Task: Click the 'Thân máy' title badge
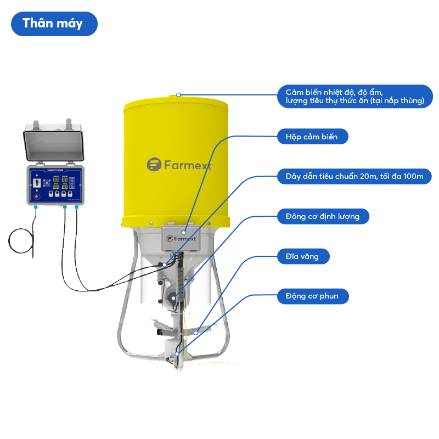click(54, 24)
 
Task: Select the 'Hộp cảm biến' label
click(312, 137)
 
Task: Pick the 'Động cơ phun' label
click(312, 296)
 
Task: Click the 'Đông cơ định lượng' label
click(323, 216)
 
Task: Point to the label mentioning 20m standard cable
click(354, 176)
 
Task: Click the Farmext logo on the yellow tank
click(179, 165)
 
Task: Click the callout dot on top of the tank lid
click(178, 95)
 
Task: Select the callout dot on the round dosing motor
click(173, 298)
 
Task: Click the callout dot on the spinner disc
click(196, 333)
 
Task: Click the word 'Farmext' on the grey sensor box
click(185, 239)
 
